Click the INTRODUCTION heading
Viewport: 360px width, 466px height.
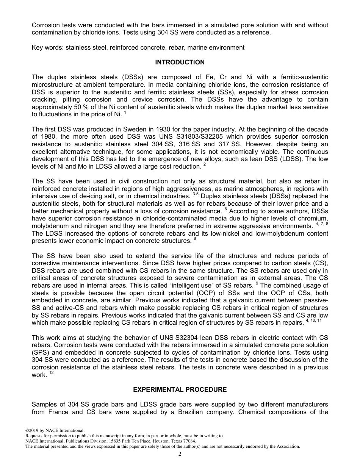click(180, 62)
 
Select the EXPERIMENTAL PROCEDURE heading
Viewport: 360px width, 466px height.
click(180, 389)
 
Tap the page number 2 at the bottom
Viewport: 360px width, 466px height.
click(180, 454)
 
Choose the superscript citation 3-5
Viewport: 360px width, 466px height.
click(196, 194)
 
